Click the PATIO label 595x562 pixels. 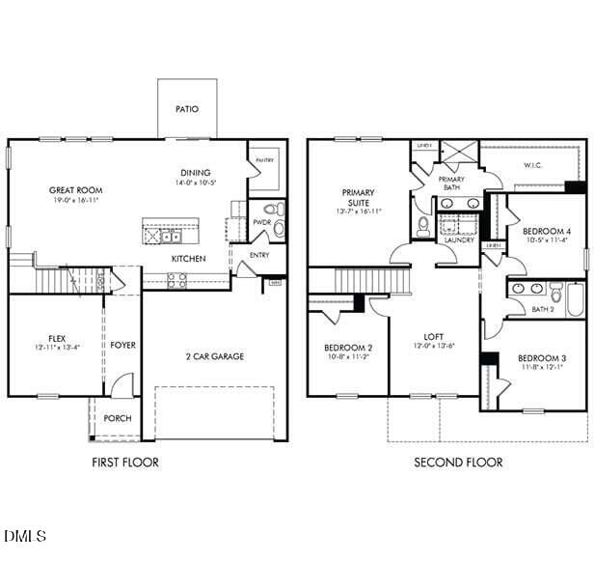(187, 109)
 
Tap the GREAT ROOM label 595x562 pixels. (75, 190)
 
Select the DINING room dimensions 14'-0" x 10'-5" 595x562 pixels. (194, 183)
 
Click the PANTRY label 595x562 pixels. (264, 160)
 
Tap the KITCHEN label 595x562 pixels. (188, 259)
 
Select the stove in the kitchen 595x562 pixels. (176, 280)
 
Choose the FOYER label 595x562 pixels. (122, 345)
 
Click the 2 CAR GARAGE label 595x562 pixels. (215, 356)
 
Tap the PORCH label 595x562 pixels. (118, 418)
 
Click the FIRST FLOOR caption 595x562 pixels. (125, 463)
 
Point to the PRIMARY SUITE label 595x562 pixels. (357, 197)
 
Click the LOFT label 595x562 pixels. (434, 337)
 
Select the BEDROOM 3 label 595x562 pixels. (542, 358)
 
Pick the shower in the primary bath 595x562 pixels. (458, 154)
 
